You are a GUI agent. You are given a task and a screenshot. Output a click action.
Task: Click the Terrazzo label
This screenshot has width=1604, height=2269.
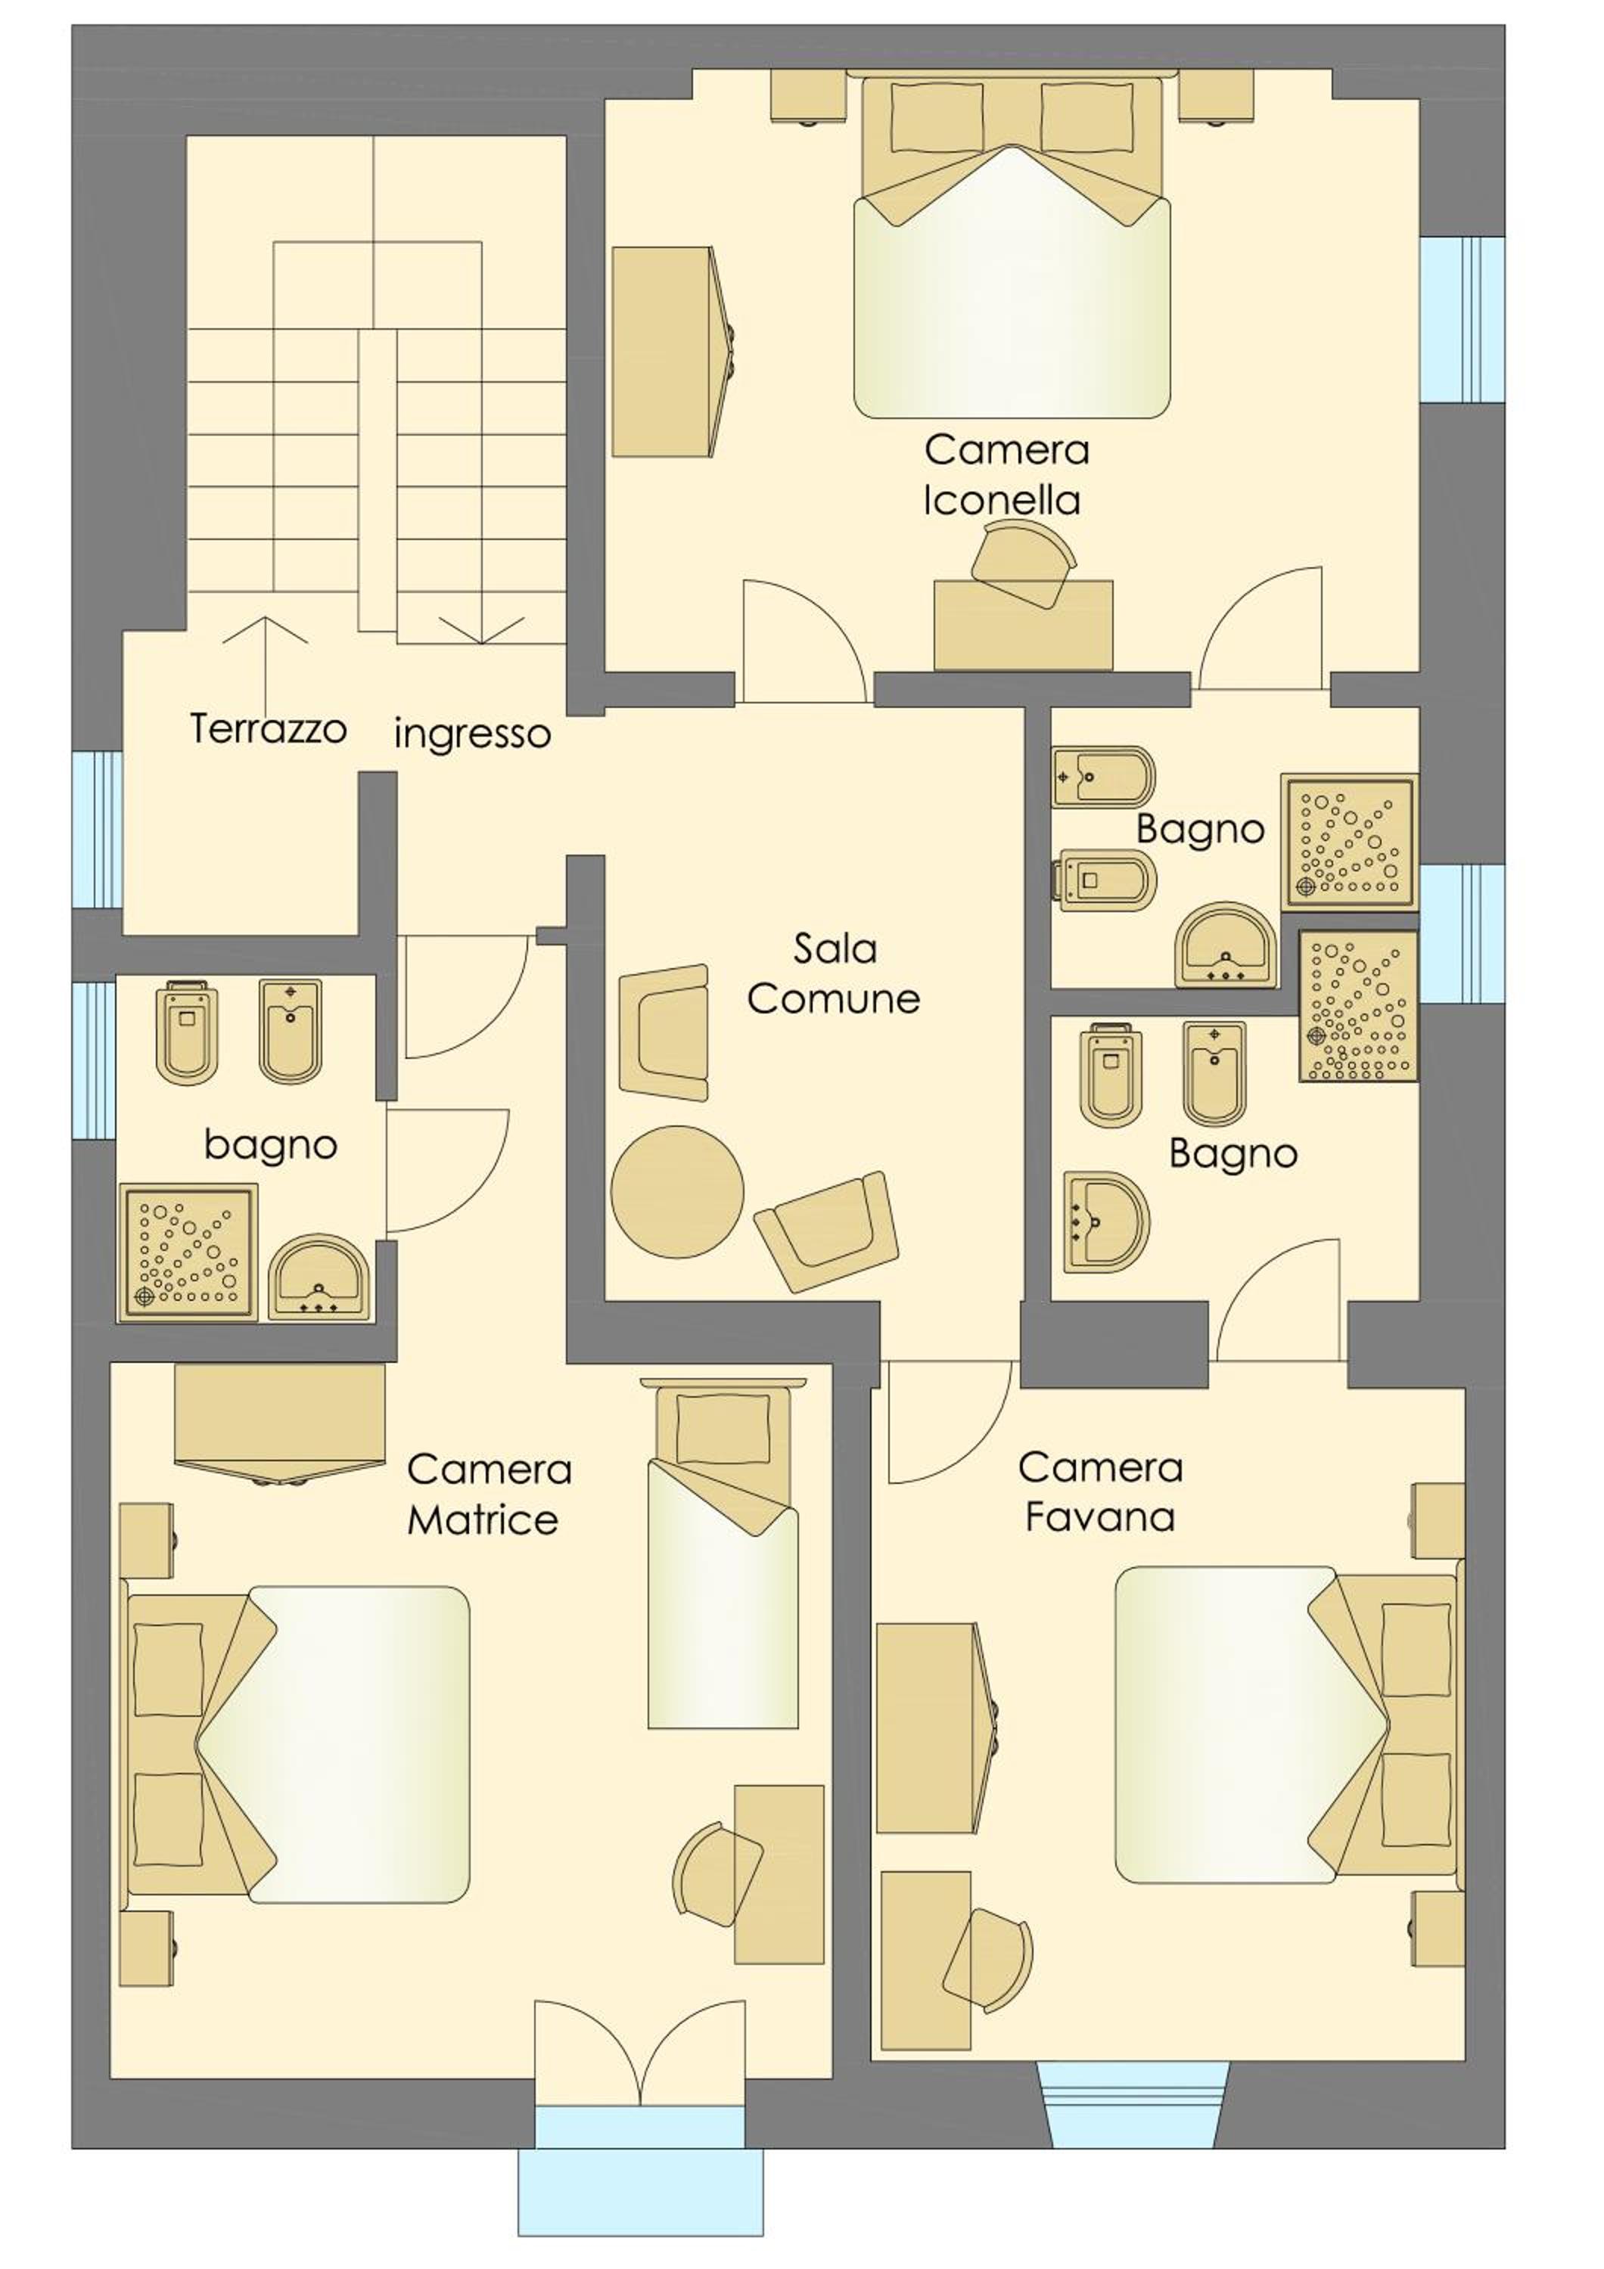coord(268,728)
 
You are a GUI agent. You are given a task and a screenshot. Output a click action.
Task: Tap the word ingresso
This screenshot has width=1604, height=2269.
coord(472,734)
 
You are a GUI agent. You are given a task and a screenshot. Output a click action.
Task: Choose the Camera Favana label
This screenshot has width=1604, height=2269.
coord(1100,1491)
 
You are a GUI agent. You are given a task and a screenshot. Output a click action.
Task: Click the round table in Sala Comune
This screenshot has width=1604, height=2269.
coord(677,1192)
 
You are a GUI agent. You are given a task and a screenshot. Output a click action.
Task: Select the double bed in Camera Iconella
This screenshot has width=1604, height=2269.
coord(1012,247)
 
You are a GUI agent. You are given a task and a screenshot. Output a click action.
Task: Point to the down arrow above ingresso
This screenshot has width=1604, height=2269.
coord(481,631)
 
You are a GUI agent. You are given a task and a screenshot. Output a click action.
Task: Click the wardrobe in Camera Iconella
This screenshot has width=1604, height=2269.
coord(675,352)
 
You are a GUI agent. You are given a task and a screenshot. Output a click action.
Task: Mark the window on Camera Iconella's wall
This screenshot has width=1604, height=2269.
coord(1462,319)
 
